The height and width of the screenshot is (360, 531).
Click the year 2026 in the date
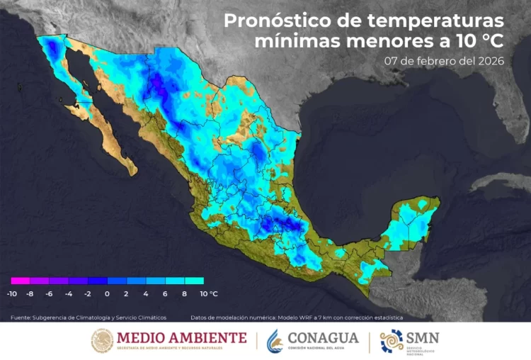(489, 60)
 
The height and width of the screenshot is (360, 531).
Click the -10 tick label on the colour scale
(12, 293)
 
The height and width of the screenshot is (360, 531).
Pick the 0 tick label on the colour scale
(107, 293)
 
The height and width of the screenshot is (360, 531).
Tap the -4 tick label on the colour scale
(69, 293)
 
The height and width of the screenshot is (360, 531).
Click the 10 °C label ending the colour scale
(208, 293)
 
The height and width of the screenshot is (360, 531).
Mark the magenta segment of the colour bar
(20, 281)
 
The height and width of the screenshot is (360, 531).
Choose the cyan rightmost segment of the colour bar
(194, 281)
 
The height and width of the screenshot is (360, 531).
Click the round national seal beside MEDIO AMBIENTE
(102, 341)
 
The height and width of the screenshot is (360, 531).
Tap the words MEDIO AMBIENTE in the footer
(181, 338)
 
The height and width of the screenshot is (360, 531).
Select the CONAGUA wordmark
(324, 337)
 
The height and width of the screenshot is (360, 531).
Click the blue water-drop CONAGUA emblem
(275, 341)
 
